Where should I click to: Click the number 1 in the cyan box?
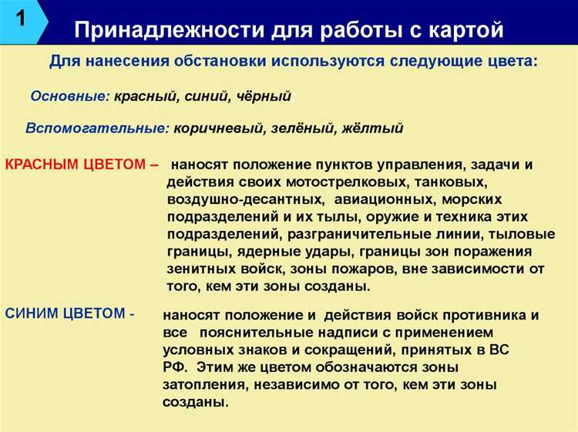(21, 18)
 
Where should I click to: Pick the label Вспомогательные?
(96, 128)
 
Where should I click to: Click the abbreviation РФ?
(171, 367)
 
